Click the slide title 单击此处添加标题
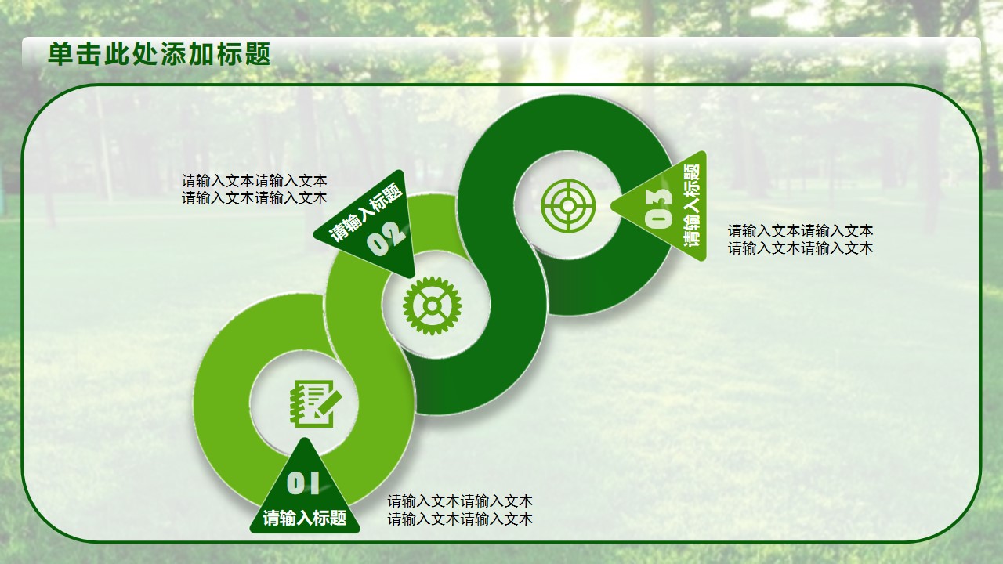159,54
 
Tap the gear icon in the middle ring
432,305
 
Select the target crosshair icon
568,205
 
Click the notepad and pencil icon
316,404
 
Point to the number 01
303,483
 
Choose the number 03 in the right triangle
659,208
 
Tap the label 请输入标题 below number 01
305,518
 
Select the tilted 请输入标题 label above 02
366,211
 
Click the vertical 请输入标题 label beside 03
691,204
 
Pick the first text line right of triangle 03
800,231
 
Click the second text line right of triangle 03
800,248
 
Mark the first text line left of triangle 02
255,181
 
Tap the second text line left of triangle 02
255,198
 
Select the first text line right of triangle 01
460,501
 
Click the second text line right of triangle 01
460,519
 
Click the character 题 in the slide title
258,54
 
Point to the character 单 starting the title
60,54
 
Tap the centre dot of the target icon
568,205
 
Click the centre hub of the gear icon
432,305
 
